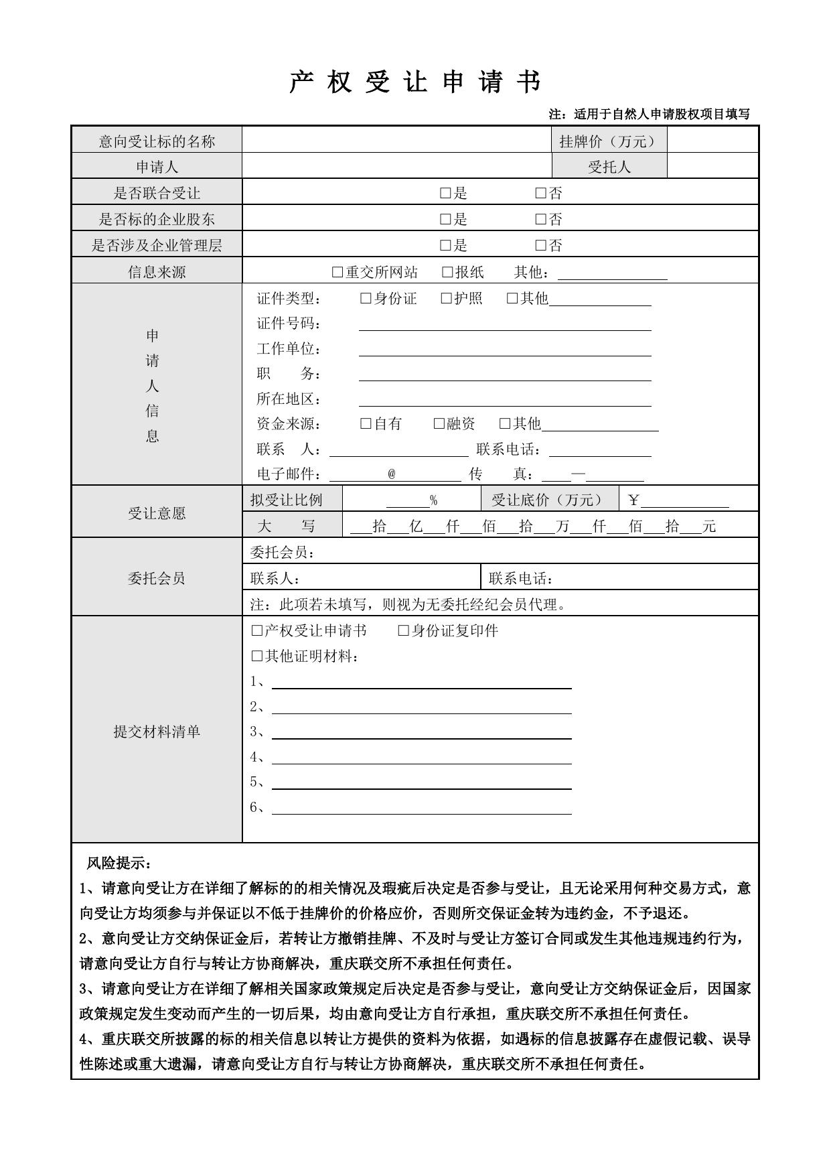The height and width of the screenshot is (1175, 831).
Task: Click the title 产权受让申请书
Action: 415,82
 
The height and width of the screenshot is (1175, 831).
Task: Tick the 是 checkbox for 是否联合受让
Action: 445,194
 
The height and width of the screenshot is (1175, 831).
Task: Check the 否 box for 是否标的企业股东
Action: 541,219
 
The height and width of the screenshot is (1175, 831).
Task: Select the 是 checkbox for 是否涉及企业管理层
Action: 445,245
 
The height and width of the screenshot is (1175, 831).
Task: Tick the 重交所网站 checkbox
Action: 337,272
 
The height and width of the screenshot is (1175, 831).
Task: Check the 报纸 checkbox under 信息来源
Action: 447,272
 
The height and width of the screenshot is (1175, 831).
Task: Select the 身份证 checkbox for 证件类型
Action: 366,298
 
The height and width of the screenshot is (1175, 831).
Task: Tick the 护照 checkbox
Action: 446,298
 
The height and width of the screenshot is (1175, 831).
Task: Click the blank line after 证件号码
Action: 505,324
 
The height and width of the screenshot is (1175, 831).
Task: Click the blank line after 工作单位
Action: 505,349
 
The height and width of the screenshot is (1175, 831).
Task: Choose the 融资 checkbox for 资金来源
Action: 439,423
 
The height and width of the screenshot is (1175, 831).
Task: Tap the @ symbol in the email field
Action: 392,474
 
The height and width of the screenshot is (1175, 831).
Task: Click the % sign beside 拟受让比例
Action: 434,500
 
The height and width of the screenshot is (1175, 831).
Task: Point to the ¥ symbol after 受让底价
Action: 633,500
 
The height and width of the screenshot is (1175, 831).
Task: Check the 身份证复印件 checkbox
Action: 403,630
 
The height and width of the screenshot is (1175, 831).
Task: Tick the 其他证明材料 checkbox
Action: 256,656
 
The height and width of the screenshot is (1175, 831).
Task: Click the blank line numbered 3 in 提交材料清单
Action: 421,732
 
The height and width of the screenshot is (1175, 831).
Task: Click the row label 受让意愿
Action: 157,513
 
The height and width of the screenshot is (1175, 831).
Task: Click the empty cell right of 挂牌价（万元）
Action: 712,141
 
